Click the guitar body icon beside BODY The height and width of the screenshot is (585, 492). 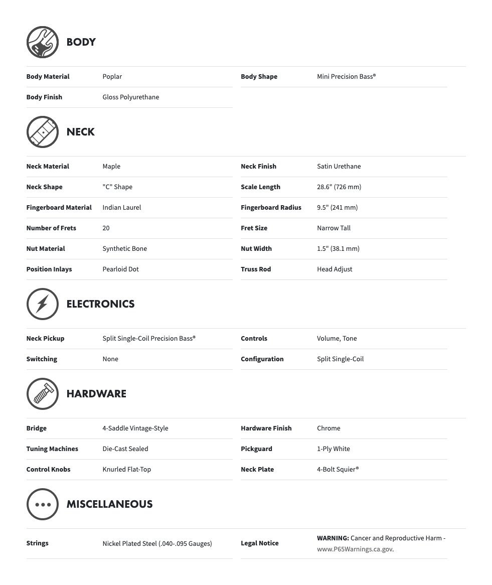pos(43,42)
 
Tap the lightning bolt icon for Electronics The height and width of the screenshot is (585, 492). pos(43,304)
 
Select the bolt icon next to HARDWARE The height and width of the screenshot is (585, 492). pos(43,394)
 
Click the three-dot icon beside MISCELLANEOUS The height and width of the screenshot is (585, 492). pos(43,504)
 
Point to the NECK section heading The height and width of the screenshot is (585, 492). pos(80,132)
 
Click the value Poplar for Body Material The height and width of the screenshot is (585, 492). pos(112,77)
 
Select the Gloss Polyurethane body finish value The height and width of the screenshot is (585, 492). pos(130,97)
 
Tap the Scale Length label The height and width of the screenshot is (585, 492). pos(260,187)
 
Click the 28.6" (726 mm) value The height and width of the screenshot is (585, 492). pos(339,187)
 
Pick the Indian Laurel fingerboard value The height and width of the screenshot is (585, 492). pos(121,208)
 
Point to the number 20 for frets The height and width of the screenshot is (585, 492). pos(106,228)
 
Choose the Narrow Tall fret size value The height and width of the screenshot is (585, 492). pos(334,228)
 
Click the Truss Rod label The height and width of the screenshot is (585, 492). pos(256,269)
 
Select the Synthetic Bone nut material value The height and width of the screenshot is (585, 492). pos(124,249)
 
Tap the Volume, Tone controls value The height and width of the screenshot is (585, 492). pos(337,339)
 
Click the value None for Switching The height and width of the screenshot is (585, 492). pos(110,359)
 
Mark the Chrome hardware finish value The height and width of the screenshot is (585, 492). pos(329,428)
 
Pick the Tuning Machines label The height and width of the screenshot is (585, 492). pos(52,449)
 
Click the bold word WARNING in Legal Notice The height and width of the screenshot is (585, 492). pos(333,538)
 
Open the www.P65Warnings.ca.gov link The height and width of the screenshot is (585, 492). pos(355,549)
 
